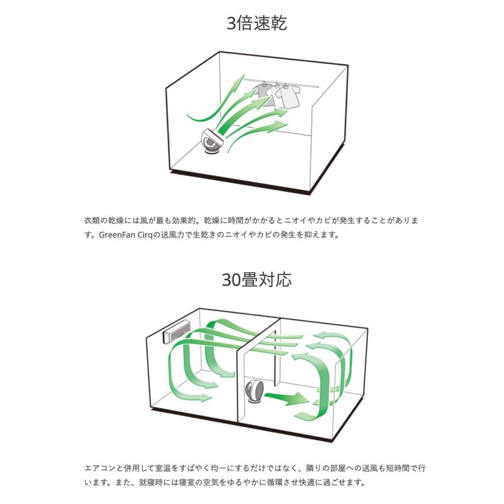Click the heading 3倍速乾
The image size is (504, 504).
pos(256,24)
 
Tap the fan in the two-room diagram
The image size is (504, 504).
pos(255,390)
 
